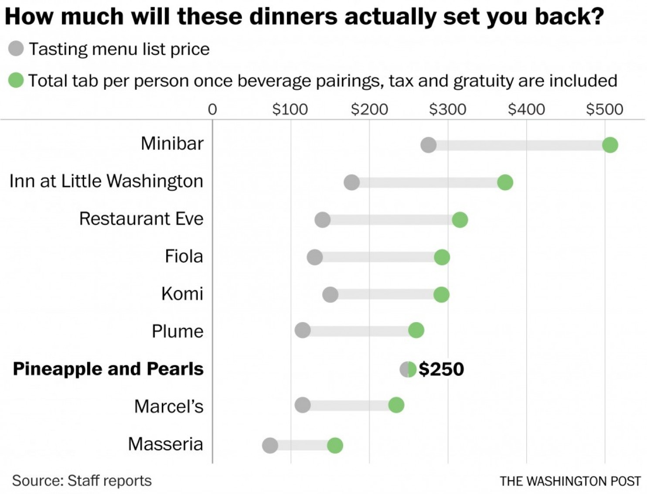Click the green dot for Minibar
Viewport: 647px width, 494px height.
pos(610,145)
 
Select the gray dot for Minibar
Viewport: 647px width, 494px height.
pos(428,145)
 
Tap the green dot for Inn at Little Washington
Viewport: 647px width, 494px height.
pos(505,182)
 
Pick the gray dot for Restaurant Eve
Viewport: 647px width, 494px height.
pos(322,220)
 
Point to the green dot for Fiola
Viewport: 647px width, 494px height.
pos(442,257)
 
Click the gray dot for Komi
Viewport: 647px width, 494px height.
pos(330,295)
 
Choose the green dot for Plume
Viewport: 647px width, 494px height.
pos(416,330)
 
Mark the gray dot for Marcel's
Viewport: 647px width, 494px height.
pos(303,405)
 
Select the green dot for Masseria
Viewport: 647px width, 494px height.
pos(335,445)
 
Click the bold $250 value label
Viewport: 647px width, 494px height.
pos(441,369)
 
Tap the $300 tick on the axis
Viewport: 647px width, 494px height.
pos(447,109)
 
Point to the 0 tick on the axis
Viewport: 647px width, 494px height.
pos(212,109)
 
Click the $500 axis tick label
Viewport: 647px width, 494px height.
pos(604,109)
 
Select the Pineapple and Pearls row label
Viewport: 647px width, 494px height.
pos(108,369)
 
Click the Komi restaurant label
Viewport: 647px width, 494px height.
pos(182,294)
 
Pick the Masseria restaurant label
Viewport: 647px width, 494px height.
pos(166,444)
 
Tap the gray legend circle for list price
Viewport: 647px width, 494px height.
pos(16,48)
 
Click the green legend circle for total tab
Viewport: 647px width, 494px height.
pos(16,80)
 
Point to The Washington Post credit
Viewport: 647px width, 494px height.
pos(570,481)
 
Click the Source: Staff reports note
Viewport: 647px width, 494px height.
pos(82,480)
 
